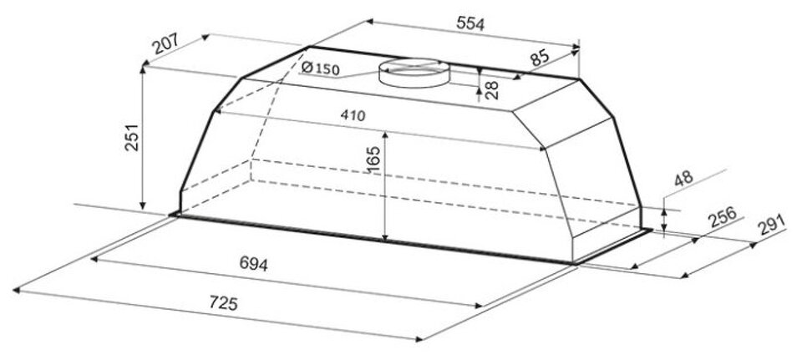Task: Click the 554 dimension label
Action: click(x=470, y=23)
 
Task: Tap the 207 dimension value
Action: click(x=165, y=43)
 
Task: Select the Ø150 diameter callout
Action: click(x=321, y=68)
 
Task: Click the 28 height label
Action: click(x=491, y=89)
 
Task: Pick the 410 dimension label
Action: click(x=353, y=115)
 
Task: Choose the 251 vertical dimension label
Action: click(x=131, y=136)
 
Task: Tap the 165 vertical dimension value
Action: click(x=373, y=159)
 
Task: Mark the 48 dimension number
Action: click(x=683, y=178)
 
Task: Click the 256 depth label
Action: click(x=722, y=217)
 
